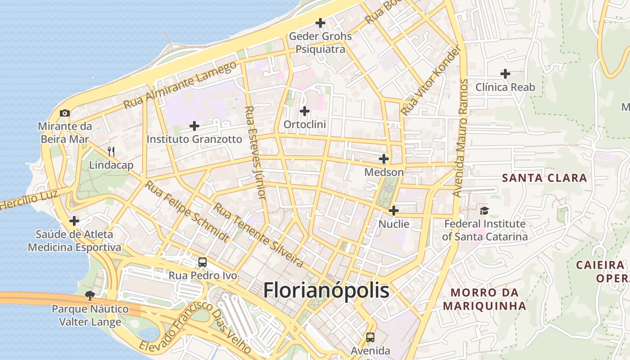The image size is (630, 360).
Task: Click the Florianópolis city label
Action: (326, 290)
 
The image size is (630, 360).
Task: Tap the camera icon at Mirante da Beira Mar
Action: (65, 113)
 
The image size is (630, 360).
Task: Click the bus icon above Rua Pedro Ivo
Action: (202, 262)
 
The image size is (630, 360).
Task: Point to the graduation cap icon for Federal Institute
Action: (484, 210)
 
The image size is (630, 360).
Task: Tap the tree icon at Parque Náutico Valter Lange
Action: (90, 295)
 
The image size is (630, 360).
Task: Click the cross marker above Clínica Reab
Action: (505, 73)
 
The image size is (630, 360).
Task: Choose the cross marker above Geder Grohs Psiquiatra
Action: (320, 22)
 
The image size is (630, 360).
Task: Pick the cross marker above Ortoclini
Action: (305, 111)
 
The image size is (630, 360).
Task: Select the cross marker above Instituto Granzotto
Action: (194, 126)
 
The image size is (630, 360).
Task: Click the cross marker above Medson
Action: (384, 159)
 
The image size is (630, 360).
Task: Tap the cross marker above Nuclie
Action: (394, 210)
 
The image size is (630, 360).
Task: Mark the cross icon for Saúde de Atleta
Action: (74, 221)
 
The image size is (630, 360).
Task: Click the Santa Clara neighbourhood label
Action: (544, 178)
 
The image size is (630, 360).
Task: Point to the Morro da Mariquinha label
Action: (484, 299)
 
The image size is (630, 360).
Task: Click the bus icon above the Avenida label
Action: (370, 337)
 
